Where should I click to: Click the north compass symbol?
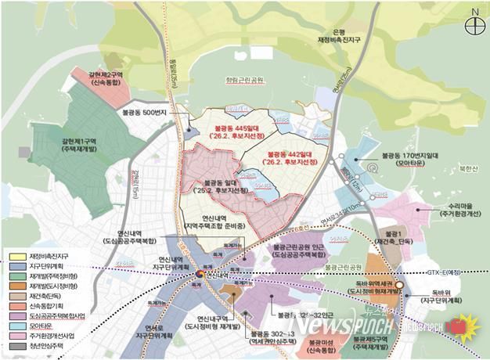click(x=474, y=24)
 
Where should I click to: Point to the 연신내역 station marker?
click(x=200, y=275)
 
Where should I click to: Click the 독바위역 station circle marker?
click(x=398, y=286)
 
